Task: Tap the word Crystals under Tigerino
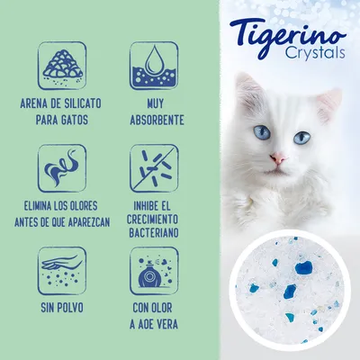(299, 58)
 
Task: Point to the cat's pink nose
(279, 158)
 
